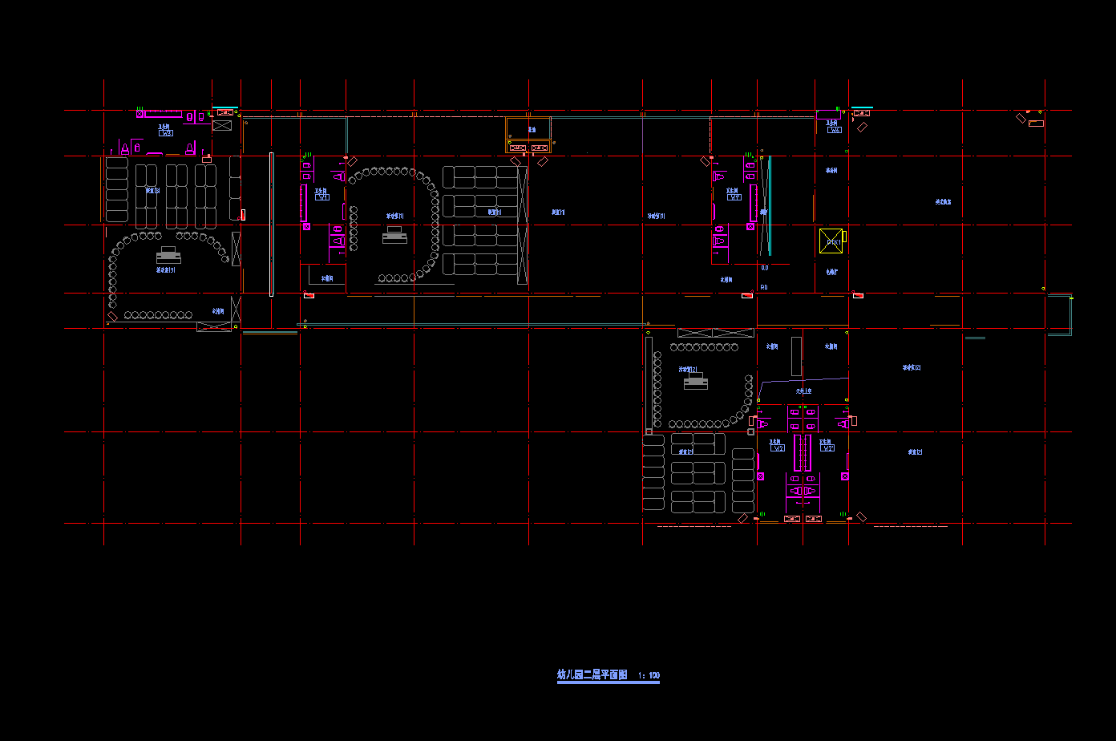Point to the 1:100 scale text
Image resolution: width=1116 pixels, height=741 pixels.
click(x=649, y=676)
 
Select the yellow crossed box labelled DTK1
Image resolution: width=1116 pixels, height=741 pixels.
click(x=830, y=239)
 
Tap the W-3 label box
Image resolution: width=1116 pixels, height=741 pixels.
click(x=166, y=133)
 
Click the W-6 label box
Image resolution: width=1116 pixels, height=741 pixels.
click(x=835, y=130)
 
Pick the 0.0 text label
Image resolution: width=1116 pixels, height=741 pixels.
click(x=764, y=268)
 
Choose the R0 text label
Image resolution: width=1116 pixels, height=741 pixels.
click(x=764, y=287)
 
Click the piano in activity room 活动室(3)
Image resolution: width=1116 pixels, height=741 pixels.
click(x=168, y=256)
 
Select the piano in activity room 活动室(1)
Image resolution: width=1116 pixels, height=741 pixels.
click(x=394, y=235)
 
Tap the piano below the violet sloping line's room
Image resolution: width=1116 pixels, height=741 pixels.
click(x=695, y=382)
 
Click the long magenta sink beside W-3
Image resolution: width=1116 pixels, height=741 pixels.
click(x=164, y=114)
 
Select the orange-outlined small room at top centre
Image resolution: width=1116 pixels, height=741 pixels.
click(x=528, y=134)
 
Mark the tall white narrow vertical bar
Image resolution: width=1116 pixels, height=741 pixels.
click(x=271, y=225)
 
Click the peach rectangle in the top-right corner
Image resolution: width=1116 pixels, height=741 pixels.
click(x=1036, y=123)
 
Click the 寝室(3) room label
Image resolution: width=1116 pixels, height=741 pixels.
click(x=152, y=191)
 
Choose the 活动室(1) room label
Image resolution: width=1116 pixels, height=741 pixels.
click(x=394, y=216)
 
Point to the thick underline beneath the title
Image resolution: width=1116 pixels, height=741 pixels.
click(x=608, y=682)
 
